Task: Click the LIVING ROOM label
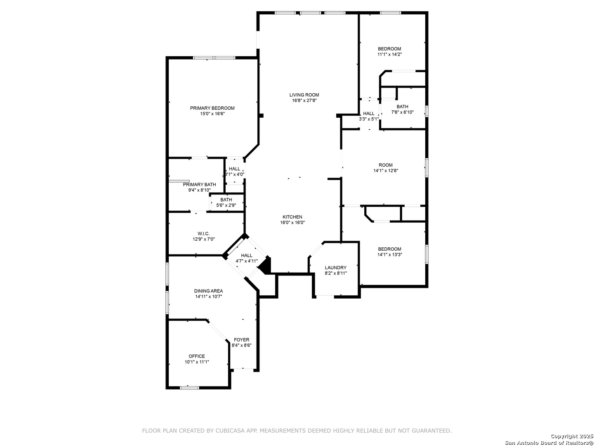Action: click(x=304, y=95)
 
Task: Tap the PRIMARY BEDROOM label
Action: click(x=212, y=108)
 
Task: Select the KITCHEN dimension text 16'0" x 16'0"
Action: click(x=292, y=222)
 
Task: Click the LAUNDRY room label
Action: click(x=335, y=268)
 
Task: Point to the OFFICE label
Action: click(x=197, y=356)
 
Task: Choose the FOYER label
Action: click(x=241, y=339)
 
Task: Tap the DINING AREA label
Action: click(x=208, y=291)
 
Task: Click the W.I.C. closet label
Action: click(x=203, y=233)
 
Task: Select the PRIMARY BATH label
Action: click(x=199, y=185)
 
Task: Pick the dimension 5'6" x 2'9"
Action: click(x=226, y=205)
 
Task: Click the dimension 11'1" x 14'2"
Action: click(x=389, y=54)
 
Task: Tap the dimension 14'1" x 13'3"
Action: click(x=390, y=254)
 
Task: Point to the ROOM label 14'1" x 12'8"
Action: click(x=385, y=165)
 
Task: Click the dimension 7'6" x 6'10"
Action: click(x=403, y=112)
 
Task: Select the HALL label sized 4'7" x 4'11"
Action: click(x=247, y=255)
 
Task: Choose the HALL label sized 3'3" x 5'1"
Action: click(x=369, y=114)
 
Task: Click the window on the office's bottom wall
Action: click(x=189, y=388)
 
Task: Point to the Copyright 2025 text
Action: click(x=571, y=436)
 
